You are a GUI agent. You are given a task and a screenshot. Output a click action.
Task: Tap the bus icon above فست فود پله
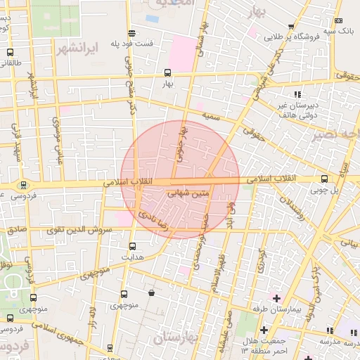131,33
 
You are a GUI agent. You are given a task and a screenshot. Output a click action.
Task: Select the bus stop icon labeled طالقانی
9,52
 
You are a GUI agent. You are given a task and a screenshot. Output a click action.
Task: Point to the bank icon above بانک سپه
339,20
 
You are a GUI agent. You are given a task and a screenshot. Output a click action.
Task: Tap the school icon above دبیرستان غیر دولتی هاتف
298,94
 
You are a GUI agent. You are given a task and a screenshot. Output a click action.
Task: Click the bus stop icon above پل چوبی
324,179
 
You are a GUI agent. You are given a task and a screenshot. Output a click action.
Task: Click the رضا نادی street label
153,208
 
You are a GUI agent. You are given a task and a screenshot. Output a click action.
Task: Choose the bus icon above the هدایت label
133,246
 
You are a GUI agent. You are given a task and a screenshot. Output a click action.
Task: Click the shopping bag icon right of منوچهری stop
152,293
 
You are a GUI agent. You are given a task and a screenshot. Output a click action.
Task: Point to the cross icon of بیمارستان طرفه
276,299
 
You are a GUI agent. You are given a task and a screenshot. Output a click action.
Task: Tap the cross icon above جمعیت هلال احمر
264,330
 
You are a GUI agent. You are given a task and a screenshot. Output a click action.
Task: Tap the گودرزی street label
261,262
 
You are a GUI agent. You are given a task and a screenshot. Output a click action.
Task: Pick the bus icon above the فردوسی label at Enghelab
25,185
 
